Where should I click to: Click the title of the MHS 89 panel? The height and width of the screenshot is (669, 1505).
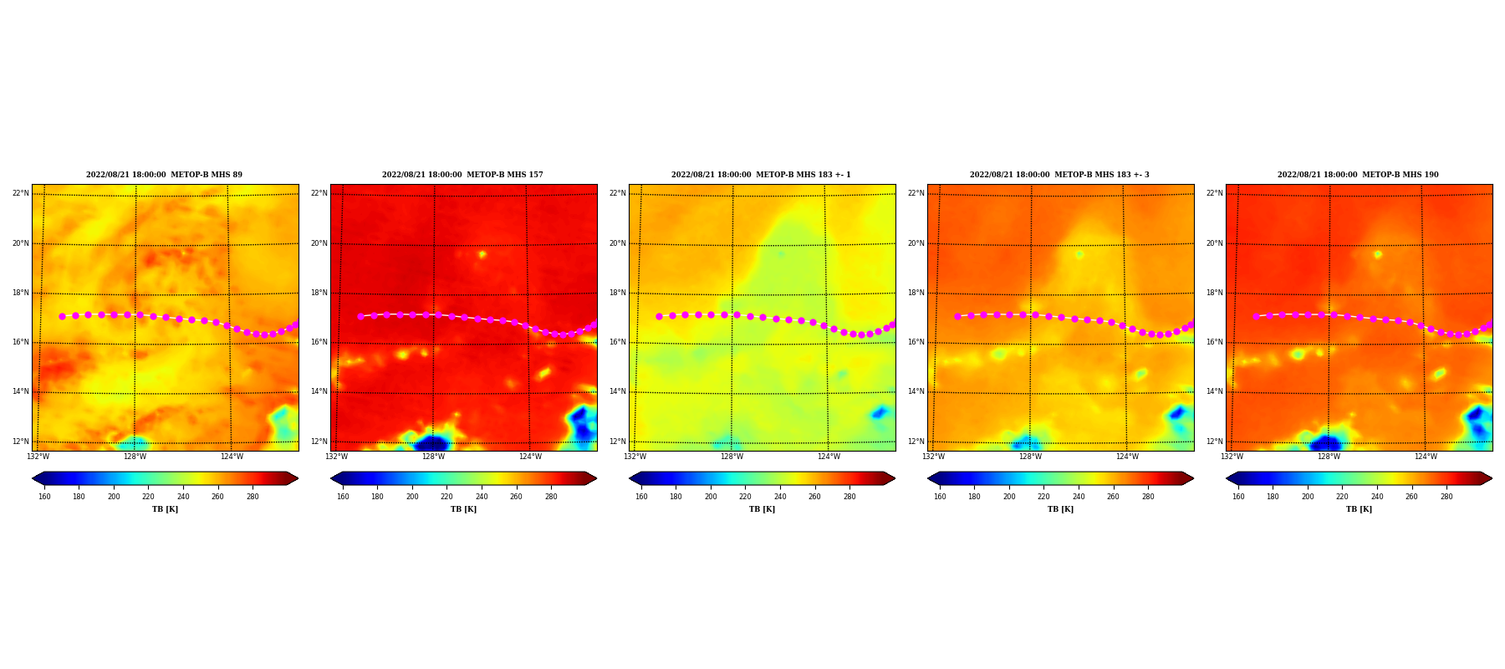(164, 175)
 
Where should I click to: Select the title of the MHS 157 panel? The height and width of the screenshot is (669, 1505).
(462, 175)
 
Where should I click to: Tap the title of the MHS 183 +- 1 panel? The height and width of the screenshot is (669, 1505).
(761, 175)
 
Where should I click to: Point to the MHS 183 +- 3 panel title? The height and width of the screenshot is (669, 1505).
(1059, 175)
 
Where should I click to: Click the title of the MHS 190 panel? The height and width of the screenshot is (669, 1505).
(1358, 175)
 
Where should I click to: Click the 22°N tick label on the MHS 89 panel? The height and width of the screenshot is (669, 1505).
(20, 193)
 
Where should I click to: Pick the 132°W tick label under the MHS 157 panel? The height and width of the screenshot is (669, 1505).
(336, 457)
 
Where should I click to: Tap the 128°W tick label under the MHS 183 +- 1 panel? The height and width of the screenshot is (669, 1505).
(732, 457)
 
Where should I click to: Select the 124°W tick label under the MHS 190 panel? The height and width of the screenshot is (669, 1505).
(1426, 457)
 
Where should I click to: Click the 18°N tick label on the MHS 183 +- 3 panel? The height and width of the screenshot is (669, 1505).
(916, 293)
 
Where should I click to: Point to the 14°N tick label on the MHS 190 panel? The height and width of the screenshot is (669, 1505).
(1214, 391)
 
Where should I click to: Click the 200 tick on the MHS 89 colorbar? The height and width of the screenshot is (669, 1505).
(114, 497)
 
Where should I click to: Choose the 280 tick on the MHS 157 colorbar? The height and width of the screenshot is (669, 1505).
(551, 497)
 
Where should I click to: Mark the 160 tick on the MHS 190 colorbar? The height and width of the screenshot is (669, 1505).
(1238, 497)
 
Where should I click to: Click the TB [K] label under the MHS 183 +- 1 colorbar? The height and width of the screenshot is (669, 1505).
(762, 509)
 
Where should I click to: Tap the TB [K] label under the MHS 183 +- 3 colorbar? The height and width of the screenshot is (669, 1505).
(1060, 509)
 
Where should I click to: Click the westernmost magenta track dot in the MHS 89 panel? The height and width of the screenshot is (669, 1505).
(62, 316)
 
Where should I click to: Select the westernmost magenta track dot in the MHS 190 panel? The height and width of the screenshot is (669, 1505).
(1256, 316)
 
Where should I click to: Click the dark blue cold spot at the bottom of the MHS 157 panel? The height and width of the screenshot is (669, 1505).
(432, 443)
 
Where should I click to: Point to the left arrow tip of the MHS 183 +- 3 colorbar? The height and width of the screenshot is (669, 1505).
(928, 478)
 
